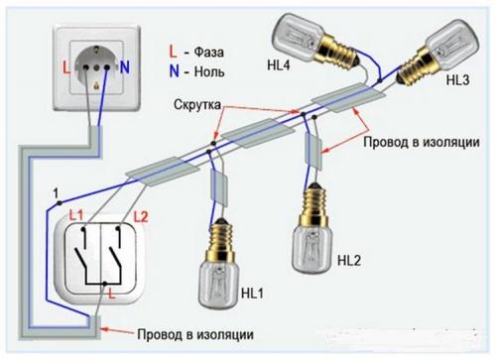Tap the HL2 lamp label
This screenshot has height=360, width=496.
349,261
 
